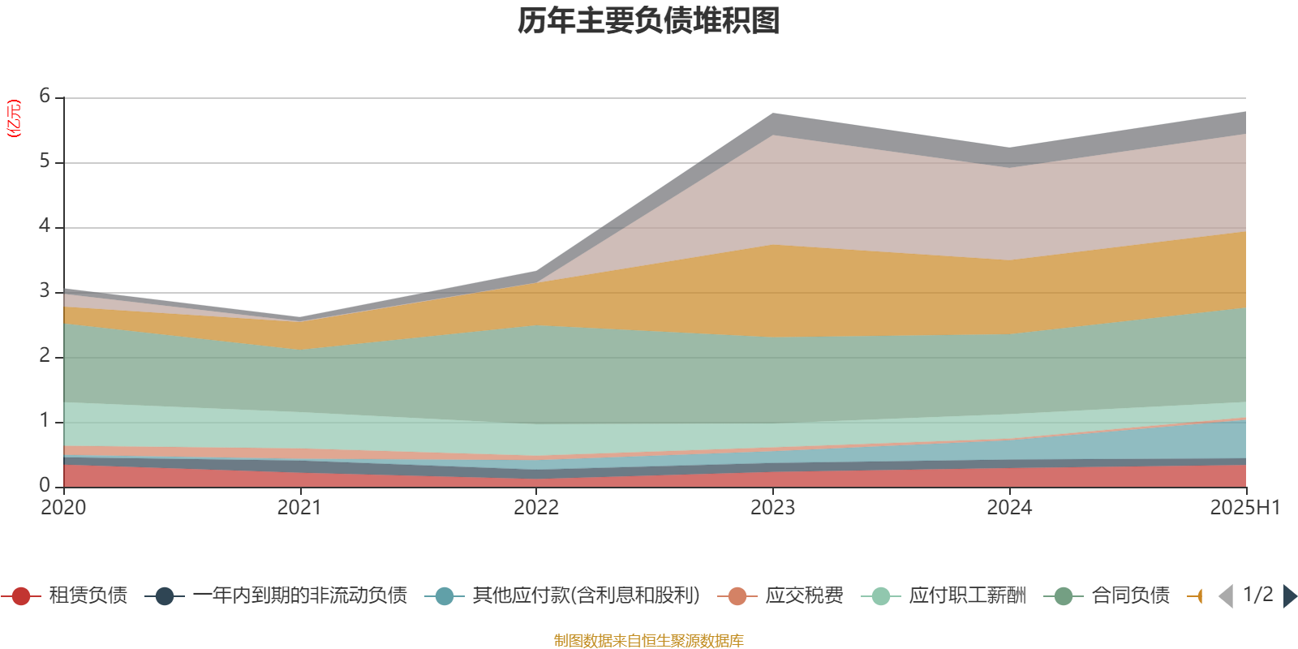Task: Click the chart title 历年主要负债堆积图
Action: pos(649,22)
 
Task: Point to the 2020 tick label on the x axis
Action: pos(63,508)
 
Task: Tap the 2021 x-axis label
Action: pos(299,508)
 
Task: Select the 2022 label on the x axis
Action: pos(536,508)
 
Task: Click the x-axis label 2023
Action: pos(772,508)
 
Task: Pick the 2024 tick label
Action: pos(1009,508)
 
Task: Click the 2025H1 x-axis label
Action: pos(1244,508)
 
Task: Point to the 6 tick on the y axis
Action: pos(45,97)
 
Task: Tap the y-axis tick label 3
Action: pos(45,291)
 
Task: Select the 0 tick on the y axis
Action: pos(45,485)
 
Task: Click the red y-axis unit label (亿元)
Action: pos(14,118)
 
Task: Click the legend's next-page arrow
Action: pos(1290,596)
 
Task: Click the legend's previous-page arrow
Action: pos(1226,596)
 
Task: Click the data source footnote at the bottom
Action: pos(649,641)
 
